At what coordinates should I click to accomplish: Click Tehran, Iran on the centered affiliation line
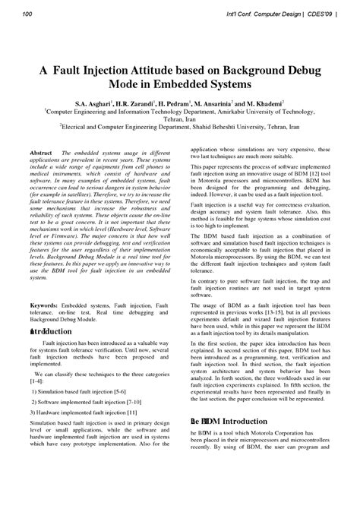pyautogui.click(x=180, y=119)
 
